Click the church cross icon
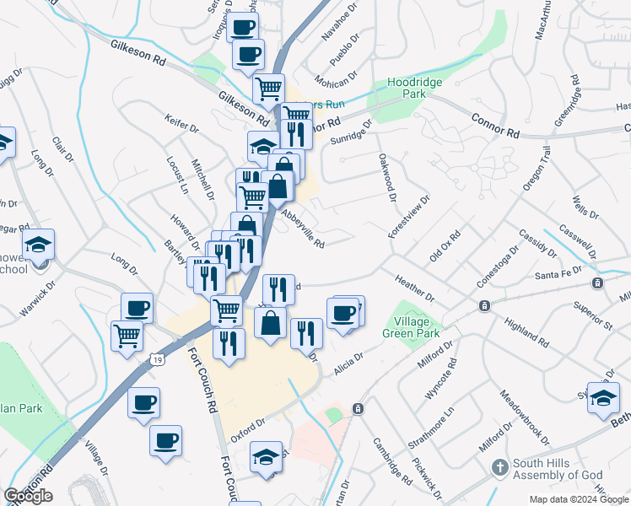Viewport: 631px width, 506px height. [499, 466]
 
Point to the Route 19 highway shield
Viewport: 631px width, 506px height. [157, 359]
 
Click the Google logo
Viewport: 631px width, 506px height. [28, 496]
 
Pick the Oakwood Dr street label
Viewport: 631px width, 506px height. [387, 178]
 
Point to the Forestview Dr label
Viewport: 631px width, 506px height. [409, 221]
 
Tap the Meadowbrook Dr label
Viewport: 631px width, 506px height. [524, 417]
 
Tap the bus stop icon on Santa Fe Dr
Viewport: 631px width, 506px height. [597, 283]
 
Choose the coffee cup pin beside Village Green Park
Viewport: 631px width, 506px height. [342, 315]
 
